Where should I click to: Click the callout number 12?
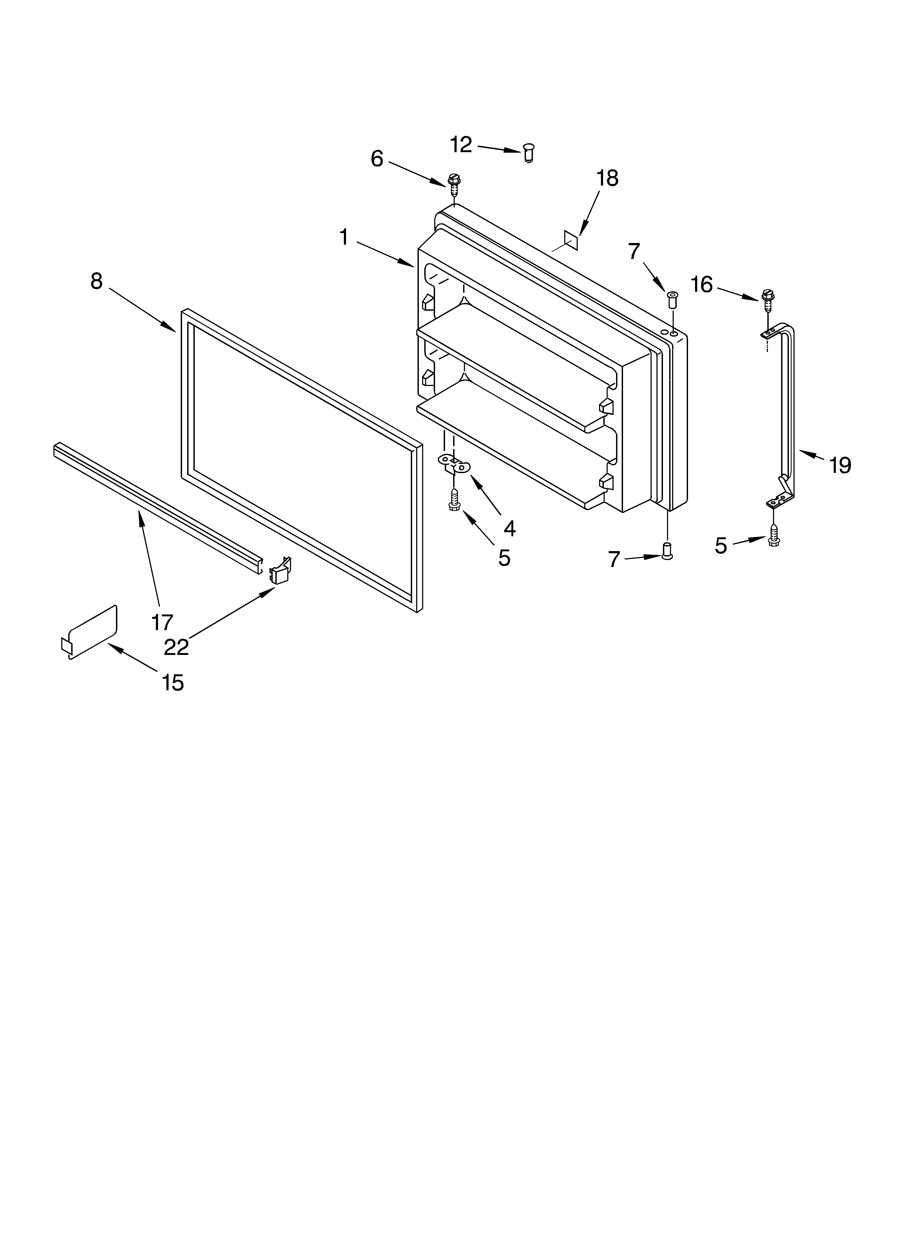461,145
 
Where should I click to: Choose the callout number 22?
176,647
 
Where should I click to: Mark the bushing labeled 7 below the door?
667,550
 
